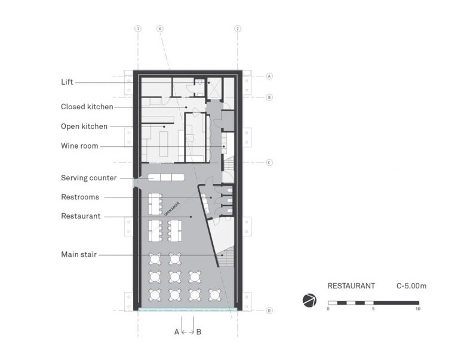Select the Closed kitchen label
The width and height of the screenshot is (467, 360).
point(87,107)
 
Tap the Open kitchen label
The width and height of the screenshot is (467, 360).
point(84,127)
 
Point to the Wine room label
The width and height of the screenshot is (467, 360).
point(79,146)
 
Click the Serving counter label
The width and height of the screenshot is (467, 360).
point(88,177)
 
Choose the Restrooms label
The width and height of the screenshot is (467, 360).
point(80,197)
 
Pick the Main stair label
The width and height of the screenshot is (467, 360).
point(79,254)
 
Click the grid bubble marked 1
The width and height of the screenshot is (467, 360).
point(138,29)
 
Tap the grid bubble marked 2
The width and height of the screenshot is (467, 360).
point(238,29)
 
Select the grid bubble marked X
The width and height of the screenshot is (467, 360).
point(159,29)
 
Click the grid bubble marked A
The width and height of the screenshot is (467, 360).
point(269,76)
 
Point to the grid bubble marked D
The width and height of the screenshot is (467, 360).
point(269,310)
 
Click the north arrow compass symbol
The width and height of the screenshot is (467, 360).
point(309,300)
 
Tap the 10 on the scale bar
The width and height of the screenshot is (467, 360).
point(417,309)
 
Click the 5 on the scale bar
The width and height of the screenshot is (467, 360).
point(373,309)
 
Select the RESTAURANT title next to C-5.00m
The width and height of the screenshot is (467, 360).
point(351,286)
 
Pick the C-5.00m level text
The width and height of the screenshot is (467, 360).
point(411,286)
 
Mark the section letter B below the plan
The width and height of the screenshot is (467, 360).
point(198,332)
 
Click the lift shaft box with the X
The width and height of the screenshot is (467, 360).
point(214,88)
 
